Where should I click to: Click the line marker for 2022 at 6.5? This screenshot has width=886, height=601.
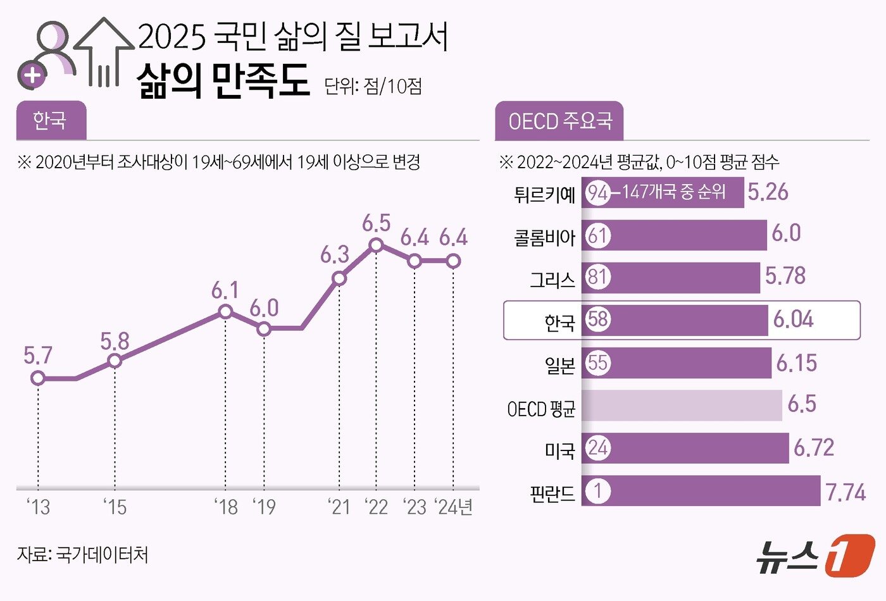click(377, 245)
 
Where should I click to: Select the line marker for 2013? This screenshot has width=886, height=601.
click(38, 378)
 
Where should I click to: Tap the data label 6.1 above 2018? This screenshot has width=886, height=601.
click(225, 290)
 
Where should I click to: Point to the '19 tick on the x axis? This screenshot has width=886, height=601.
click(264, 507)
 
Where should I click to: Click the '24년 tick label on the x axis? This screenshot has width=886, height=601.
click(454, 507)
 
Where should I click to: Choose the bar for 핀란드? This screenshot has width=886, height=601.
click(701, 491)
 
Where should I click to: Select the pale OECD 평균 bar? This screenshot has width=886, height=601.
click(682, 406)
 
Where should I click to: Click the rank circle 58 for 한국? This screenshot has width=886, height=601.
click(597, 319)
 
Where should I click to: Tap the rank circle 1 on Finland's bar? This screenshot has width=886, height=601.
click(597, 491)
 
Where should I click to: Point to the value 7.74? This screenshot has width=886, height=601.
click(845, 492)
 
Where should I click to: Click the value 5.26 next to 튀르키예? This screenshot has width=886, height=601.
click(768, 192)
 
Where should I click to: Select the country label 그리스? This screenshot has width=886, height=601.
click(552, 279)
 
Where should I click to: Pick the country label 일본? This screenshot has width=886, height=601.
click(559, 365)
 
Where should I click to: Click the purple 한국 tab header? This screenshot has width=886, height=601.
click(51, 120)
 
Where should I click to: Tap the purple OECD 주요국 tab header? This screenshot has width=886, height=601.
click(559, 121)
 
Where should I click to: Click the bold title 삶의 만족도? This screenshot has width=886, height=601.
click(223, 80)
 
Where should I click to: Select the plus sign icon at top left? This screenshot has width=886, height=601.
click(32, 76)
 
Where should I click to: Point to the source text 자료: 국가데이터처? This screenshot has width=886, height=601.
click(83, 555)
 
